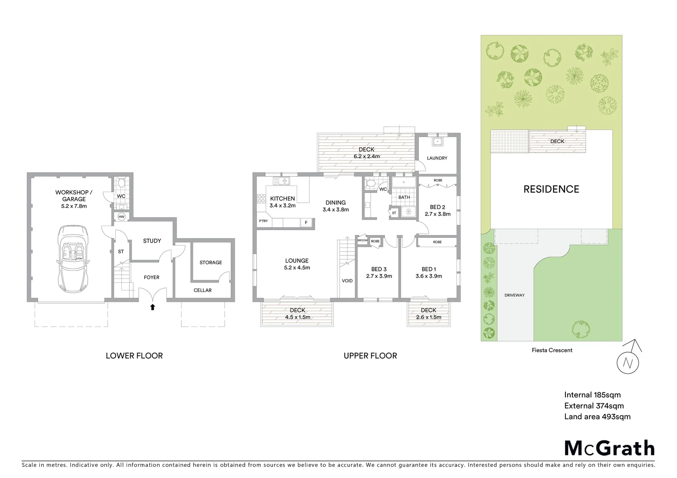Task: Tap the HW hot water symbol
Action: pyautogui.click(x=121, y=216)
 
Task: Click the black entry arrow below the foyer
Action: pyautogui.click(x=153, y=307)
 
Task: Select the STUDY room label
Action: pyautogui.click(x=152, y=241)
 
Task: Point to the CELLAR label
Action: pyautogui.click(x=202, y=290)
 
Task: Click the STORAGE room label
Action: pyautogui.click(x=210, y=262)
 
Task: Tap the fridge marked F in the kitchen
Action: pyautogui.click(x=306, y=223)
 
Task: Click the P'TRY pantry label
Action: pyautogui.click(x=263, y=221)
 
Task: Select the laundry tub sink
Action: pyautogui.click(x=437, y=142)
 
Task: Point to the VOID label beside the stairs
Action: pyautogui.click(x=347, y=281)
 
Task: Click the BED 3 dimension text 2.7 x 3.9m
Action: pyautogui.click(x=379, y=276)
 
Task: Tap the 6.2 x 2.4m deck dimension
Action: pyautogui.click(x=366, y=156)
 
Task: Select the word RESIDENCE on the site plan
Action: pyautogui.click(x=551, y=189)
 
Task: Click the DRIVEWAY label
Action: pyautogui.click(x=514, y=295)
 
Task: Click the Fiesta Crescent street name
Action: pyautogui.click(x=552, y=350)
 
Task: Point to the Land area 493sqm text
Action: pyautogui.click(x=597, y=416)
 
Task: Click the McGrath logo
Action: pyautogui.click(x=609, y=448)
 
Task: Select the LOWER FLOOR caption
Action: pyautogui.click(x=134, y=355)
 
